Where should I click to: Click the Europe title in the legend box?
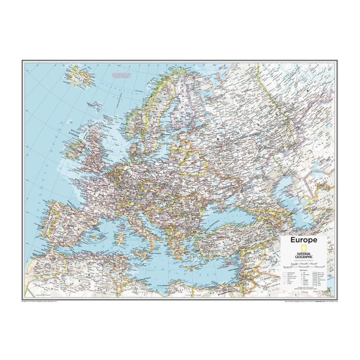(x=303, y=240)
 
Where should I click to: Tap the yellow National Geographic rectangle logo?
(x=303, y=248)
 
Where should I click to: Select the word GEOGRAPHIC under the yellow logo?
(x=303, y=257)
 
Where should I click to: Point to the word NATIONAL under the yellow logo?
(x=303, y=254)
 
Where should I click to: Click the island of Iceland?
(x=80, y=77)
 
